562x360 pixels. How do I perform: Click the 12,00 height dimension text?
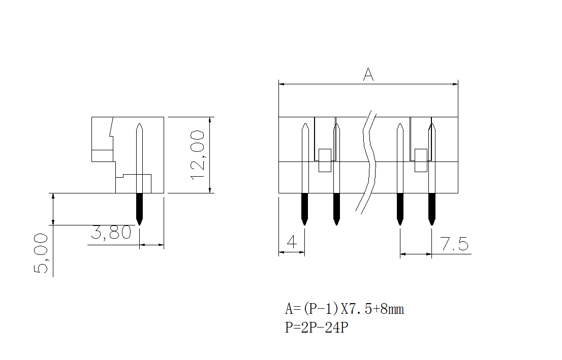click(197, 154)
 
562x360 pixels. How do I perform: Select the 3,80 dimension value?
click(111, 233)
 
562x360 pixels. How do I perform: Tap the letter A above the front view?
click(368, 75)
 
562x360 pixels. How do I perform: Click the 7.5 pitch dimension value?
click(454, 245)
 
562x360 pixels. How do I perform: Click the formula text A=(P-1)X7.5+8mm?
click(344, 309)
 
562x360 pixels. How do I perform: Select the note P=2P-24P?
click(316, 328)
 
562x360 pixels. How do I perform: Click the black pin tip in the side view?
click(140, 208)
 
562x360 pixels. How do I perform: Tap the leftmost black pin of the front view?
click(304, 208)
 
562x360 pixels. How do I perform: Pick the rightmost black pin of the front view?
click(432, 208)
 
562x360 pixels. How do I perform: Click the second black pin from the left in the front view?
click(336, 208)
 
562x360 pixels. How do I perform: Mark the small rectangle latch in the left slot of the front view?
click(325, 160)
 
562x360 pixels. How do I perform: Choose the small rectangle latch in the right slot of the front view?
click(421, 160)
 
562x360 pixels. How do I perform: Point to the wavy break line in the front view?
click(369, 160)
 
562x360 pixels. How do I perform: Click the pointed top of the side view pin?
click(140, 125)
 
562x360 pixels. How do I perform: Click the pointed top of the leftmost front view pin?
click(304, 125)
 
